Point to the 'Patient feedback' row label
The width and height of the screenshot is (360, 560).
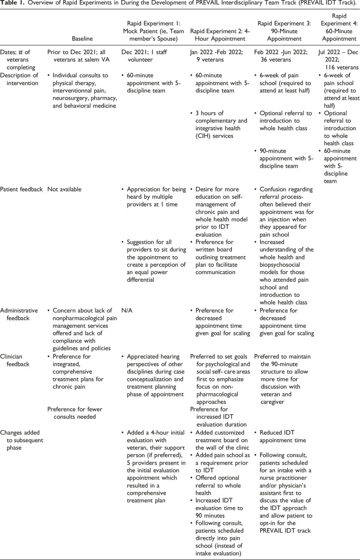tap(22, 189)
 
